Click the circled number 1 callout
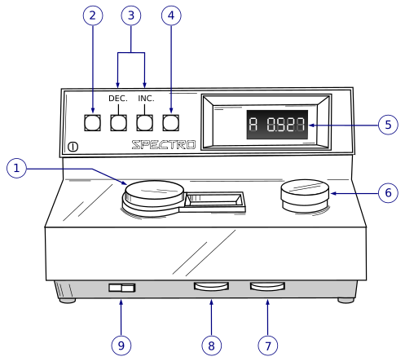point(16,168)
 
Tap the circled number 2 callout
point(93,15)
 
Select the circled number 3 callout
point(131,15)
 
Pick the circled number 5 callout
point(388,125)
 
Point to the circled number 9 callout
point(121,346)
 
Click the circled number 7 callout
point(268,346)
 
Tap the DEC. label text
point(118,99)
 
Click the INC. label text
point(146,99)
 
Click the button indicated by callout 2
point(92,123)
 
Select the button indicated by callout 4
point(171,123)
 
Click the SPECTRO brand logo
point(164,145)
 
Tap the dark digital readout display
point(277,125)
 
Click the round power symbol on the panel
point(73,147)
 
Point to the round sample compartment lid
point(154,198)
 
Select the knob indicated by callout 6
point(305,196)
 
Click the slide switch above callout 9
point(122,288)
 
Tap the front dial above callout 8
point(211,287)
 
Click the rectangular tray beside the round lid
point(214,200)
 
